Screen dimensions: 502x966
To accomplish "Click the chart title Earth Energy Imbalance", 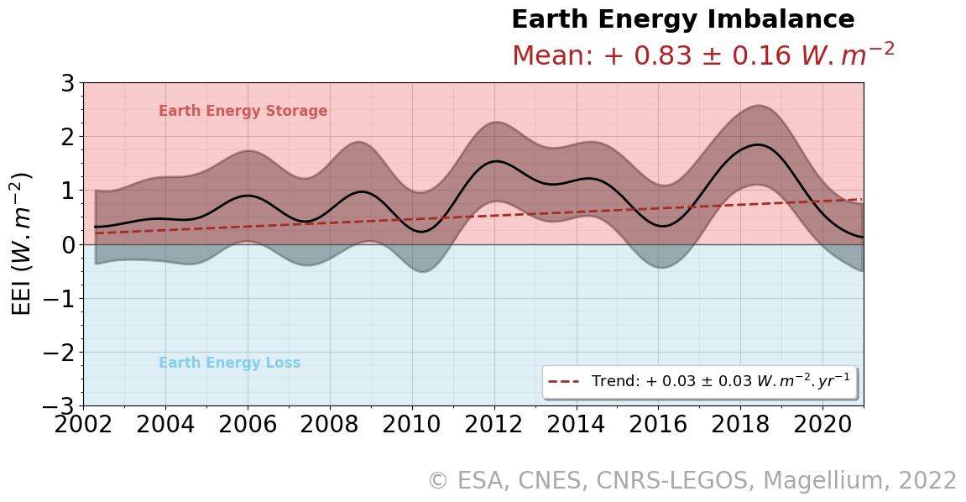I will click(x=682, y=20).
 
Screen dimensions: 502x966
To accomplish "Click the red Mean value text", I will click(x=702, y=55).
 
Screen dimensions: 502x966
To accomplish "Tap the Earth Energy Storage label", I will click(x=243, y=112).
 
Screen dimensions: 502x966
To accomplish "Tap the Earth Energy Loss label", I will click(x=229, y=363).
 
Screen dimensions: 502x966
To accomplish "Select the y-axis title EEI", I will click(x=22, y=243).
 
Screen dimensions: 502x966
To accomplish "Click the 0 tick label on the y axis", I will click(x=67, y=244).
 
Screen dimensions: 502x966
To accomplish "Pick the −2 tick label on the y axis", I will click(x=59, y=353).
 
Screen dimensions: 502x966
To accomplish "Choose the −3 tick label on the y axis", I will click(x=59, y=406).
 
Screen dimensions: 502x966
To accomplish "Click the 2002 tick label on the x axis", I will click(x=83, y=425).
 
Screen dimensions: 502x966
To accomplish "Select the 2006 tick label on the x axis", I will click(x=248, y=425).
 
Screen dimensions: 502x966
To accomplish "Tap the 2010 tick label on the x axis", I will click(x=412, y=425).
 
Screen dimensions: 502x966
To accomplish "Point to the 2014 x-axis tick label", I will click(x=577, y=425).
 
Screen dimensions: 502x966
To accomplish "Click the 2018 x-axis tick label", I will click(x=741, y=425).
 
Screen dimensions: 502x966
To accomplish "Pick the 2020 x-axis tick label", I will click(x=823, y=425).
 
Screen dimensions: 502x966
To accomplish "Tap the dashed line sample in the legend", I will click(x=564, y=382).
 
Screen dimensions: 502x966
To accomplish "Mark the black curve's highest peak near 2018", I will click(x=757, y=144).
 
